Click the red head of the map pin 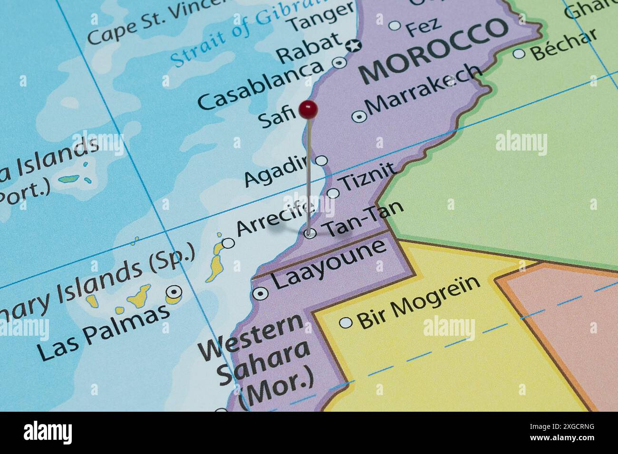[x=308, y=110]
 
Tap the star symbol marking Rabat [x=353, y=46]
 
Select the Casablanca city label [x=260, y=85]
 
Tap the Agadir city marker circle [x=322, y=161]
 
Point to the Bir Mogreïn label [x=419, y=302]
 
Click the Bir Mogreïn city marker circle [x=346, y=323]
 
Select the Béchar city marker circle [x=519, y=53]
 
